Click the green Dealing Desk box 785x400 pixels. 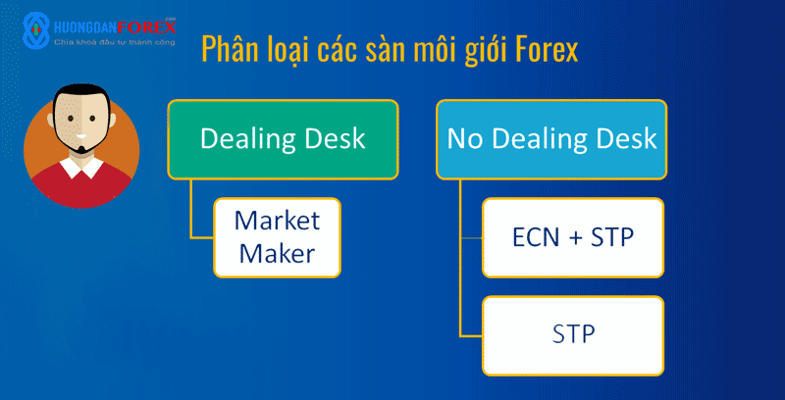[x=283, y=139]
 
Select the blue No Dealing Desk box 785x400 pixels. [x=551, y=139]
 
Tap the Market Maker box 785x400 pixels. [x=278, y=237]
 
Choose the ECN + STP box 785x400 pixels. [x=573, y=237]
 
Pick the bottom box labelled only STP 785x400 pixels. [x=573, y=335]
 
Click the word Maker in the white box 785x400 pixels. [x=278, y=253]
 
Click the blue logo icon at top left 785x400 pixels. [x=36, y=30]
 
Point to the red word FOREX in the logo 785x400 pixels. [x=149, y=26]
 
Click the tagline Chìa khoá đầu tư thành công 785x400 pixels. [x=115, y=42]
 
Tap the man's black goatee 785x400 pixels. [x=83, y=148]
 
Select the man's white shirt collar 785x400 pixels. [x=81, y=168]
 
